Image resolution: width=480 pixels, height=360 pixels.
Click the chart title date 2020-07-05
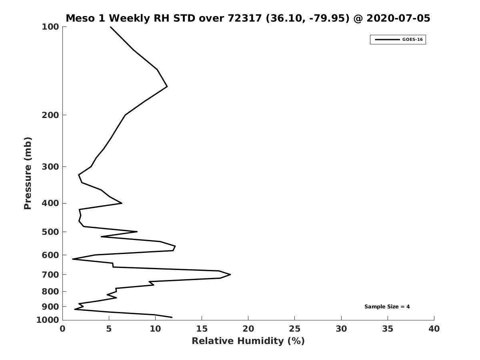[398, 18]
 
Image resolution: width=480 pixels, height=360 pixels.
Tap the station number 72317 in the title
[245, 18]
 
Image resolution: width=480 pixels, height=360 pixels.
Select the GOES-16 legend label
[412, 40]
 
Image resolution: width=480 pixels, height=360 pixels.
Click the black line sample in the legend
[387, 40]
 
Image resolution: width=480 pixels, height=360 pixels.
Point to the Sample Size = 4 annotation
[387, 307]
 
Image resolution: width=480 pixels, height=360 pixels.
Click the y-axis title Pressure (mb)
[28, 173]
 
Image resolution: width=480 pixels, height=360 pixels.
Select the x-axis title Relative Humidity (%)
[248, 341]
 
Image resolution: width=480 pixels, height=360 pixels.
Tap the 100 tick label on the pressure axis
[50, 27]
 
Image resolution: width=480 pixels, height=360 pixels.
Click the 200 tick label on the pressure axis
[50, 115]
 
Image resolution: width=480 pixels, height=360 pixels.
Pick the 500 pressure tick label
[50, 232]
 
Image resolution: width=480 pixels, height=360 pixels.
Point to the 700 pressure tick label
[50, 274]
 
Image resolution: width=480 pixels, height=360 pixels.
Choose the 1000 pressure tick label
[48, 320]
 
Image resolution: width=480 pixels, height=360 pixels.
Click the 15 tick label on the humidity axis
[202, 329]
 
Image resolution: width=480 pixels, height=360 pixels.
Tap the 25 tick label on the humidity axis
[294, 329]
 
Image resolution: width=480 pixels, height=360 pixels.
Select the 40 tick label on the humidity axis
[434, 329]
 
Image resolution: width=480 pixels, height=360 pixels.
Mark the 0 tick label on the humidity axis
[62, 329]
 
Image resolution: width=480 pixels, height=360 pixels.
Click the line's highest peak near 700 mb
[230, 274]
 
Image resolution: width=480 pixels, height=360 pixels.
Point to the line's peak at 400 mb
[122, 203]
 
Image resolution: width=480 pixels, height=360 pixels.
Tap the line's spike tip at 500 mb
[137, 232]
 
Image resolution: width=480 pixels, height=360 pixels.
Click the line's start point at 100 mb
[110, 27]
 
